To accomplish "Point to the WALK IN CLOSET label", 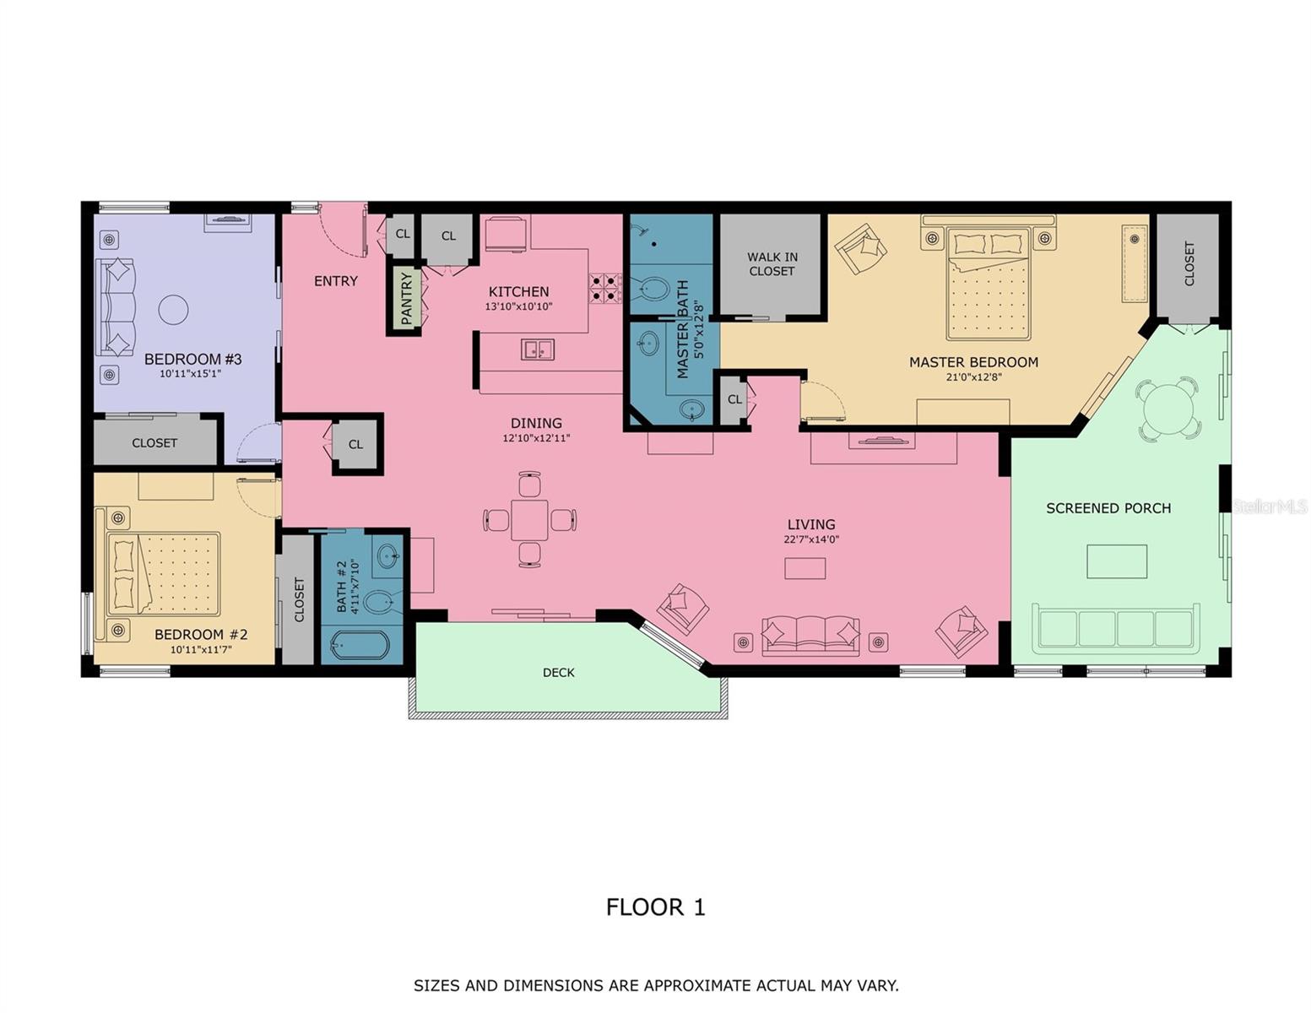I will point(772,264).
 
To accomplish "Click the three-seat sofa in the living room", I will point(810,635).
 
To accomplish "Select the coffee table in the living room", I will point(804,568).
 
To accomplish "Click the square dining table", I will point(529,519).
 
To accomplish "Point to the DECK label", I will point(558,673).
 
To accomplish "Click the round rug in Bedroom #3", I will point(174,309).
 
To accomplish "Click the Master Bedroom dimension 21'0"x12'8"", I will point(973,377).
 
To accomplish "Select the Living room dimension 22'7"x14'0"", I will point(811,539).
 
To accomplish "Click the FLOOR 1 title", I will point(655,907).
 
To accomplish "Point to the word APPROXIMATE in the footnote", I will point(695,985).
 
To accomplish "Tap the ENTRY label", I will point(336,281).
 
